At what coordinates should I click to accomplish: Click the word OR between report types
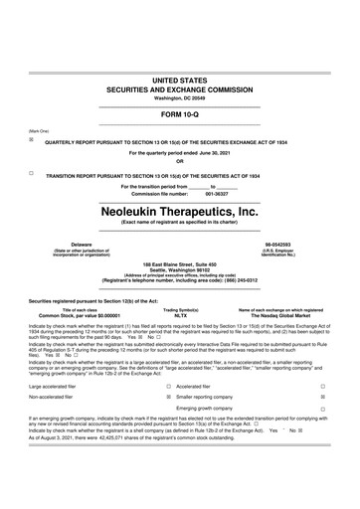click(180, 162)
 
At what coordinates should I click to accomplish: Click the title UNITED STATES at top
click(180, 77)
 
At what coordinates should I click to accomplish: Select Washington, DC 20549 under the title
click(180, 95)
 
